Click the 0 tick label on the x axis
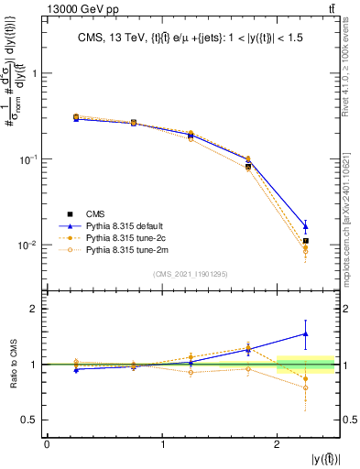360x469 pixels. [47, 444]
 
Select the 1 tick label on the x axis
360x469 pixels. [162, 444]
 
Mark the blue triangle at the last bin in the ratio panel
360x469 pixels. [306, 334]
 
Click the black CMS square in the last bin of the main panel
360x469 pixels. [306, 241]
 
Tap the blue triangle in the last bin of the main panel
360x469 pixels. [306, 225]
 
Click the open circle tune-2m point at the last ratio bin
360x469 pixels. [306, 387]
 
